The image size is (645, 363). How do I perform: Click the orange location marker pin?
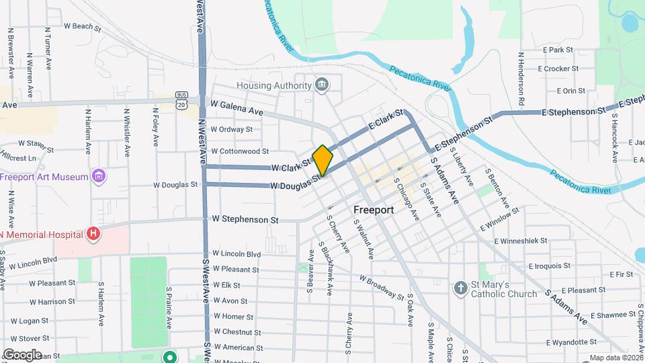coord(322,160)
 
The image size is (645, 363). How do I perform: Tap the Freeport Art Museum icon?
coord(99,177)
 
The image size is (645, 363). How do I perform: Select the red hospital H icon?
coord(93,234)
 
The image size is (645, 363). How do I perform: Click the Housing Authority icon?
coord(322,85)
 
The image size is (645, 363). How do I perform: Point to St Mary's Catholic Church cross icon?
coord(460,288)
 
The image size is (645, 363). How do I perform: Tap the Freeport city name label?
coord(373,210)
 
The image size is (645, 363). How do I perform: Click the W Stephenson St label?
coord(245,219)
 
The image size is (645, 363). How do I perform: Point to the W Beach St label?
coord(82,28)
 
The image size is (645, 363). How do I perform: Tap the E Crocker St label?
coord(558,69)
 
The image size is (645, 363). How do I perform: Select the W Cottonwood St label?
coord(239,151)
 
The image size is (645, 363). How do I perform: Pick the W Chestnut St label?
coord(236,332)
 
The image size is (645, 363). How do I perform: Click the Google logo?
coord(22,354)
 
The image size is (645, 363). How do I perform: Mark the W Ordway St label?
coord(231,129)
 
